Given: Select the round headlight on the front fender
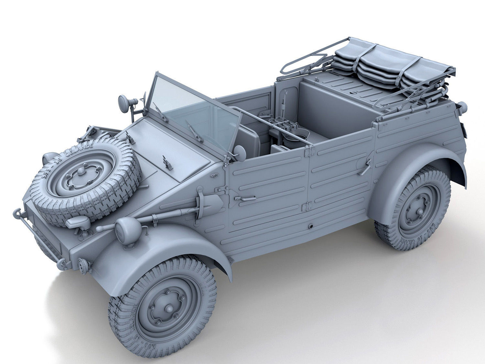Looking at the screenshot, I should [x=128, y=230].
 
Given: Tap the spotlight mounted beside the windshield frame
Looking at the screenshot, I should [x=124, y=103].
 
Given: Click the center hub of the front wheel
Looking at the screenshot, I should [x=168, y=309].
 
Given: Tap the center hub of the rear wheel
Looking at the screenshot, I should [x=419, y=212].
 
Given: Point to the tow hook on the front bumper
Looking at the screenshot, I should [x=17, y=213].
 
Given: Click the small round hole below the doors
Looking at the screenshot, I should [x=311, y=226].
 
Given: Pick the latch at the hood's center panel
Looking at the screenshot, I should [x=167, y=162].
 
